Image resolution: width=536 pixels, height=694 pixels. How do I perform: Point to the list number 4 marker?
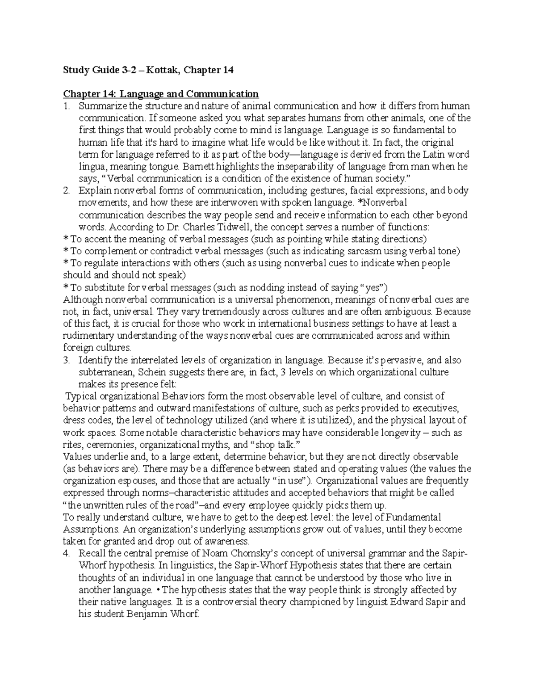pyautogui.click(x=66, y=553)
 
